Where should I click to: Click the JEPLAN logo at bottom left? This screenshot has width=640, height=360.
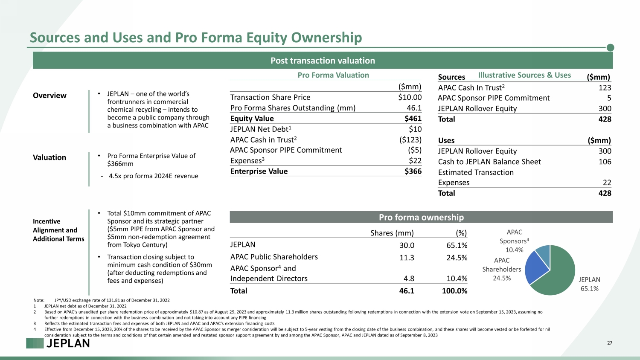point(58,343)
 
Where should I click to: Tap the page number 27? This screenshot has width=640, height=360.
point(610,343)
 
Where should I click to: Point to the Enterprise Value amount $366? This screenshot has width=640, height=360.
point(413,171)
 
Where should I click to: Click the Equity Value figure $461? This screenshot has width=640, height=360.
point(413,119)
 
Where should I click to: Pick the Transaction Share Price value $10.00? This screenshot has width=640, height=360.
point(410,97)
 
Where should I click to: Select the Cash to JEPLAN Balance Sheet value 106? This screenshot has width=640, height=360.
point(605,162)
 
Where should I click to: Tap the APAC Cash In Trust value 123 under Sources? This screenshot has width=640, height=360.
point(605,88)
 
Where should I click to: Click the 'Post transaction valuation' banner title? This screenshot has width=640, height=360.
point(323,61)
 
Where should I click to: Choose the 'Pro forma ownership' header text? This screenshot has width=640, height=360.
point(421,218)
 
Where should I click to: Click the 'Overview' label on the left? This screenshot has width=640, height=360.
point(49,96)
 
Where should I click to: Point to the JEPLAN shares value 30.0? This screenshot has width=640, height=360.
point(407,245)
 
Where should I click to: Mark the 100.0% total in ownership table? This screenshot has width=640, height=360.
point(454,291)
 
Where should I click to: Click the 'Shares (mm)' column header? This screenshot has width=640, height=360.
point(392,233)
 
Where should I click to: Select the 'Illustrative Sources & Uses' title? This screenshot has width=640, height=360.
point(524,75)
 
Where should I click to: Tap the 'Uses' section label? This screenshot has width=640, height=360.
point(446,141)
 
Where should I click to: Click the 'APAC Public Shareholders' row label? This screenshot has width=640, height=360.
point(274,257)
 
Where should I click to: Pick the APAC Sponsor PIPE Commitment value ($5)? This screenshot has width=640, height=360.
point(415,150)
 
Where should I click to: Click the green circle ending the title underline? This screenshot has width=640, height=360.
point(610,47)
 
